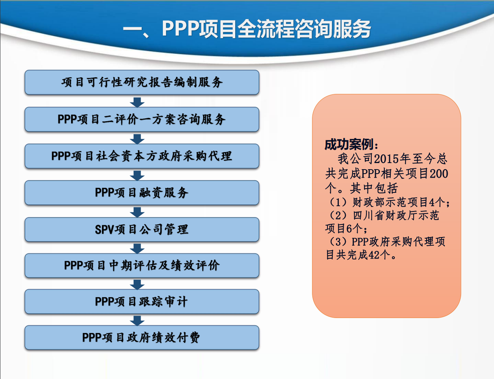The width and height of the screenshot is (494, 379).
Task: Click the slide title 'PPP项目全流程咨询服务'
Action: [x=247, y=29]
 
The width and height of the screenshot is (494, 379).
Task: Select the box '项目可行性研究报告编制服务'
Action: [x=142, y=83]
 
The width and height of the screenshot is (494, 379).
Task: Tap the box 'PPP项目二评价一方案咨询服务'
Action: [x=142, y=120]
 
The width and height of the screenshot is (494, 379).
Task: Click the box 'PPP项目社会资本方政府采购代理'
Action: [x=142, y=156]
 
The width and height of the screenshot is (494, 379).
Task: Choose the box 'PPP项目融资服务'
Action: [x=142, y=193]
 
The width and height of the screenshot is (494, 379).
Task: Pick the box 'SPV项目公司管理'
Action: [x=142, y=229]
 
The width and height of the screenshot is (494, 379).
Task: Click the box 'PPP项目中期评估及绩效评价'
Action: [x=142, y=266]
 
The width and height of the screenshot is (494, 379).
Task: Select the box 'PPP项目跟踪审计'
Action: [x=142, y=302]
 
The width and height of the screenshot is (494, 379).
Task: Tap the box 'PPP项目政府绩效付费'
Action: [x=142, y=338]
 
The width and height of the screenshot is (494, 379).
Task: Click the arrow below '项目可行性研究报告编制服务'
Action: [x=138, y=102]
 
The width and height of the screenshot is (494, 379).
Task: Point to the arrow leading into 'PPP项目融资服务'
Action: [x=138, y=175]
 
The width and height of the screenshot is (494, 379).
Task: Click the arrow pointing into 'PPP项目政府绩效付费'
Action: [x=138, y=320]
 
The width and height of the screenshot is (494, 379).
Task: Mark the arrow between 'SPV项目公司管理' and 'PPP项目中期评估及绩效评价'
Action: [x=138, y=248]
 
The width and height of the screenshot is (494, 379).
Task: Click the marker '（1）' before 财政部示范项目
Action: [x=336, y=202]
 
